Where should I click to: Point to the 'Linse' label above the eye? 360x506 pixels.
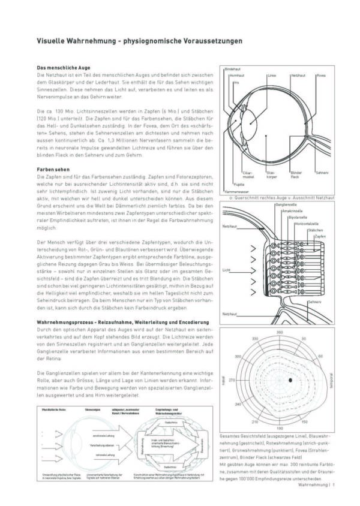pos(272,76)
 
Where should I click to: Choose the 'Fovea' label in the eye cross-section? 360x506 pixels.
pos(321,76)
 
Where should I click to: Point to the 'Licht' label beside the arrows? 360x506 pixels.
pos(226,270)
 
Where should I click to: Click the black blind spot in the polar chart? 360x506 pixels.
pos(290,380)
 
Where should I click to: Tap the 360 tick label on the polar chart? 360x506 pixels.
pos(279,332)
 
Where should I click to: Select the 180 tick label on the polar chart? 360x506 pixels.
pos(279,429)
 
